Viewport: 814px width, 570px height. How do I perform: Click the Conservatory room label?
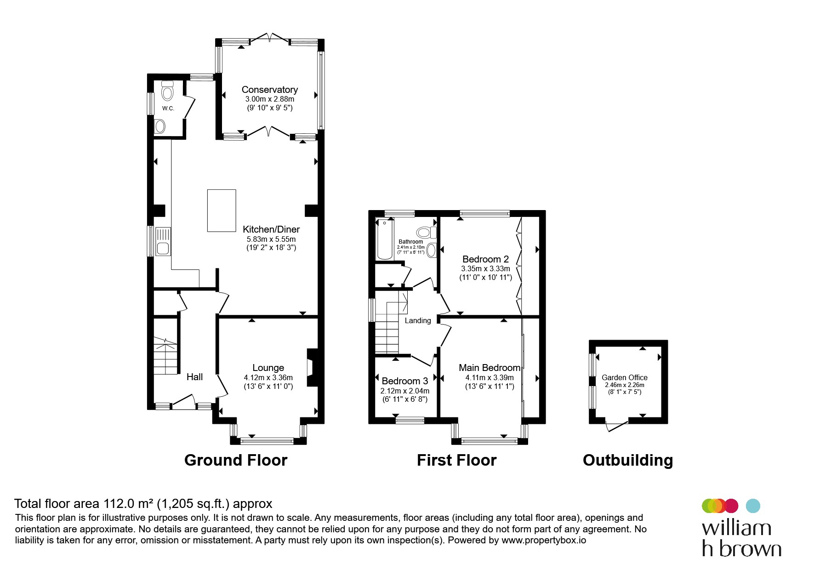pyautogui.click(x=270, y=90)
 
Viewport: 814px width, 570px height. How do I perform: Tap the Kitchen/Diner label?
pyautogui.click(x=271, y=229)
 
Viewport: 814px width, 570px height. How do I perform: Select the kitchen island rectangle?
pyautogui.click(x=222, y=211)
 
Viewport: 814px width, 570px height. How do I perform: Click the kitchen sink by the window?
pyautogui.click(x=163, y=241)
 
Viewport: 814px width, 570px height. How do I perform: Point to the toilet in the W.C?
pyautogui.click(x=168, y=91)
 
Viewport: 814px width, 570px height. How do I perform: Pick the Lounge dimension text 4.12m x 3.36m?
pyautogui.click(x=268, y=377)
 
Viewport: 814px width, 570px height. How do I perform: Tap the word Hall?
pyautogui.click(x=194, y=377)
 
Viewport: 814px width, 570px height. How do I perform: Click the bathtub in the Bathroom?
pyautogui.click(x=383, y=239)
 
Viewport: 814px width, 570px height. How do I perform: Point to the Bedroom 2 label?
pyautogui.click(x=486, y=259)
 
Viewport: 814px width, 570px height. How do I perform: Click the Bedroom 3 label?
pyautogui.click(x=405, y=381)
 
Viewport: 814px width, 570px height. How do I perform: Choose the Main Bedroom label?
pyautogui.click(x=490, y=368)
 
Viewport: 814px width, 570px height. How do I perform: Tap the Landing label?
pyautogui.click(x=418, y=321)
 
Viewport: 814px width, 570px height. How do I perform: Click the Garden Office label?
pyautogui.click(x=625, y=377)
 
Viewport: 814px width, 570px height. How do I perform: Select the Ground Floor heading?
pyautogui.click(x=236, y=460)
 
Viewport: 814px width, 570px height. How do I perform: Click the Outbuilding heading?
pyautogui.click(x=628, y=460)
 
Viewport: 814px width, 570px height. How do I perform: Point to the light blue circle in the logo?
pyautogui.click(x=753, y=506)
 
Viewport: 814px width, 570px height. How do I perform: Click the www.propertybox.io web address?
pyautogui.click(x=544, y=540)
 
